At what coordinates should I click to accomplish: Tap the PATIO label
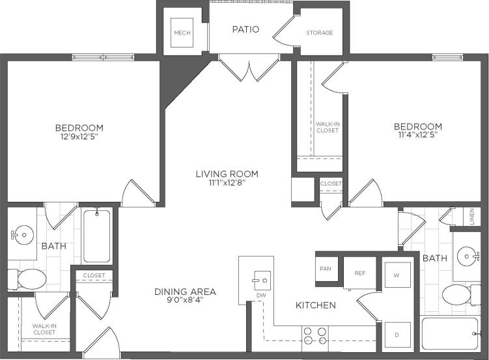pos(245,29)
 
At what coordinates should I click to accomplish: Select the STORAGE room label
pos(320,33)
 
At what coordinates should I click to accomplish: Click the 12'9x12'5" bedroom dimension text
pos(79,137)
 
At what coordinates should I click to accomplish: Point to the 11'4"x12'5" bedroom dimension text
pos(417,135)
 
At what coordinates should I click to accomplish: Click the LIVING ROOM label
pos(227,174)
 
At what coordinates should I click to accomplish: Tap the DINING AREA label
pos(185,292)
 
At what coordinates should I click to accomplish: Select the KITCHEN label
pos(316,305)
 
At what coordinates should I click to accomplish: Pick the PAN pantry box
pos(326,269)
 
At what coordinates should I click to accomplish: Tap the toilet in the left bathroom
pos(29,280)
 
